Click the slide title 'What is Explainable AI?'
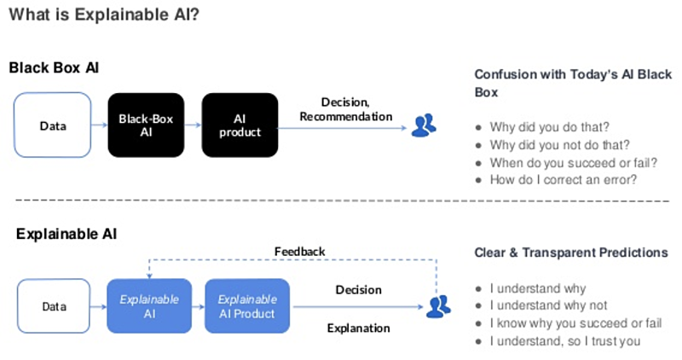click(104, 15)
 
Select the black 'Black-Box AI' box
click(146, 125)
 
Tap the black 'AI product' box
click(240, 125)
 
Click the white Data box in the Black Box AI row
click(53, 125)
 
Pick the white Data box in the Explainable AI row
click(54, 306)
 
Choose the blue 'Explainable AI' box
click(149, 306)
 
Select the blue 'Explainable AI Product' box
click(247, 306)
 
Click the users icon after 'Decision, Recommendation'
click(424, 125)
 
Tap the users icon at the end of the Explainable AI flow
click(438, 306)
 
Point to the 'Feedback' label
click(300, 252)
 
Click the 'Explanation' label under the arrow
click(358, 328)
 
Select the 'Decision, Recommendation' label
click(346, 109)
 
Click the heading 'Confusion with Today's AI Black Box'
click(573, 83)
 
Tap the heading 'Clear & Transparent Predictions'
click(571, 253)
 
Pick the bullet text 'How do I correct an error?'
click(564, 179)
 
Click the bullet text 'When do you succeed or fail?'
click(573, 162)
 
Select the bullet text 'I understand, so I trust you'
click(565, 341)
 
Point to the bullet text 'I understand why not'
click(548, 305)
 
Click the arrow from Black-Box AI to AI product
click(194, 125)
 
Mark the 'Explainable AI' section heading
click(66, 235)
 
